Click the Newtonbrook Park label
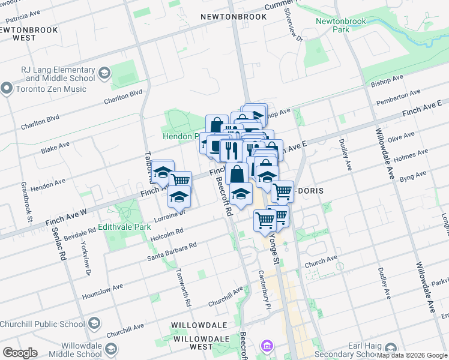[341, 25]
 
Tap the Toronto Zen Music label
[52, 89]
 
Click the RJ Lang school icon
[104, 73]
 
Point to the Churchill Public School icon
[94, 325]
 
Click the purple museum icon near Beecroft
[267, 346]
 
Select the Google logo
[20, 353]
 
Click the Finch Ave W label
[66, 218]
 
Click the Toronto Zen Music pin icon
[7, 89]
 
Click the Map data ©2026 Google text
[412, 355]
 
